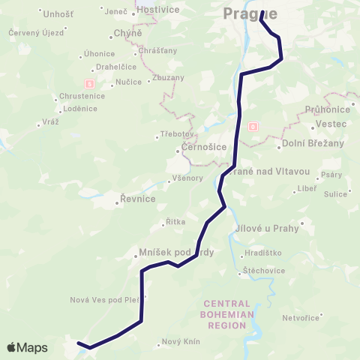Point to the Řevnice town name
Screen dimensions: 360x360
(x=139, y=199)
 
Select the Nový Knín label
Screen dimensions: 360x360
(x=181, y=343)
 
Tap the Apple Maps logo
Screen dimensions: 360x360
(x=27, y=347)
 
